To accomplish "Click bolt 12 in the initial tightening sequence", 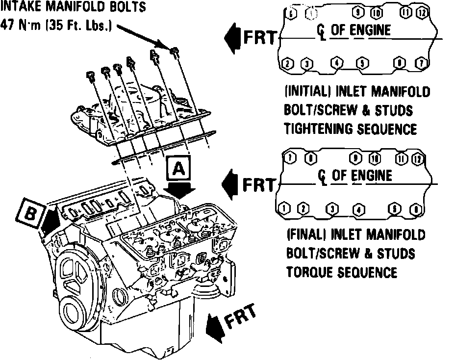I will click(x=420, y=12).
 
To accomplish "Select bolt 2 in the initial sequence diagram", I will click(x=288, y=64).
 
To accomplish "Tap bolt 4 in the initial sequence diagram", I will click(x=336, y=63).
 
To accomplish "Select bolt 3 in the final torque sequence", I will click(x=333, y=209).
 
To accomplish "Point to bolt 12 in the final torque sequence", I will click(x=417, y=158).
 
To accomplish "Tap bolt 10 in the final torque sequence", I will click(x=375, y=158).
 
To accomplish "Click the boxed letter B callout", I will click(x=30, y=213).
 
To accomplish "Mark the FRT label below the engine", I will click(x=241, y=316).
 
